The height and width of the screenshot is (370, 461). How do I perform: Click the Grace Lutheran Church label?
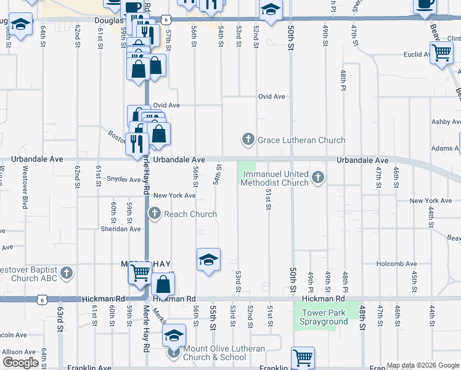(301, 140)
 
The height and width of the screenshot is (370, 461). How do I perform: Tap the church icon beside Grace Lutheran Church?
(248, 139)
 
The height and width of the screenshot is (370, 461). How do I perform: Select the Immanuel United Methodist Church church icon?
(318, 178)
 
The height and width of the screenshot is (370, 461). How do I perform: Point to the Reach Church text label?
(190, 214)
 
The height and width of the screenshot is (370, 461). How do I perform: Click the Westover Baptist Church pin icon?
(67, 273)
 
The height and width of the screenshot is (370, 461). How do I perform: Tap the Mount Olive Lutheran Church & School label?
(224, 353)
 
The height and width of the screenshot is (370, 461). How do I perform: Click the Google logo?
(20, 363)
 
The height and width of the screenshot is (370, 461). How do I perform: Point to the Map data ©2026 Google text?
(423, 365)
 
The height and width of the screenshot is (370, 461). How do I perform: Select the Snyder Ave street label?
(124, 179)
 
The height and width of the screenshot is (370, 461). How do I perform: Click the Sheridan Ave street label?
(121, 229)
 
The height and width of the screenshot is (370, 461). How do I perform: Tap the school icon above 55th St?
(209, 260)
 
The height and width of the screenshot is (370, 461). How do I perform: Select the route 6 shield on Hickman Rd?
(41, 299)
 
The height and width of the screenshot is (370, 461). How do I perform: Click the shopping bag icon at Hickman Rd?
(163, 284)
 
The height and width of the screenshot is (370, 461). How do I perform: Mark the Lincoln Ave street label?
(14, 335)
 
